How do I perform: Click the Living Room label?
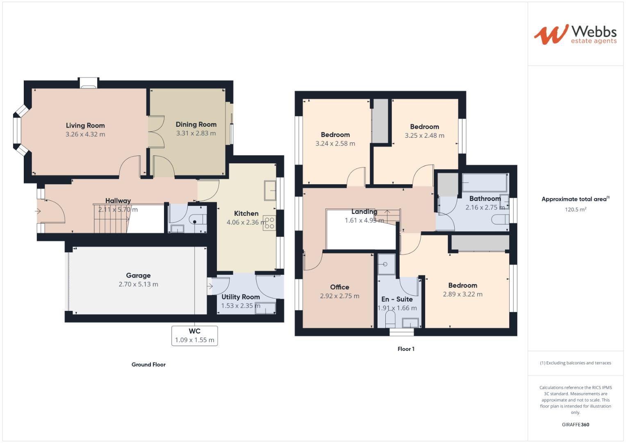[x=85, y=126]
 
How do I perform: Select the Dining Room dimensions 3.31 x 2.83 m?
[x=196, y=133]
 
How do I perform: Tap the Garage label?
[x=138, y=276]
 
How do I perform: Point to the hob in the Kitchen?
[x=269, y=223]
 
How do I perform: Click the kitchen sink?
[x=270, y=191]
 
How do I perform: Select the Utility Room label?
[x=241, y=297]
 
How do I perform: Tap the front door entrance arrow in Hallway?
[x=38, y=212]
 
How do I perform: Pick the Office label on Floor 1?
[x=339, y=287]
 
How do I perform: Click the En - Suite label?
[x=397, y=299]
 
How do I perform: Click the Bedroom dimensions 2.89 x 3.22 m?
[x=462, y=294]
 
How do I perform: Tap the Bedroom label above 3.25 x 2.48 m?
[x=424, y=127]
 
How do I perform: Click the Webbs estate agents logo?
[x=575, y=34]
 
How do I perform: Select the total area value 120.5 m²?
[x=575, y=210]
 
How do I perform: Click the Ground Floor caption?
[x=148, y=365]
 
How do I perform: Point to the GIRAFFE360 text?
[x=575, y=425]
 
